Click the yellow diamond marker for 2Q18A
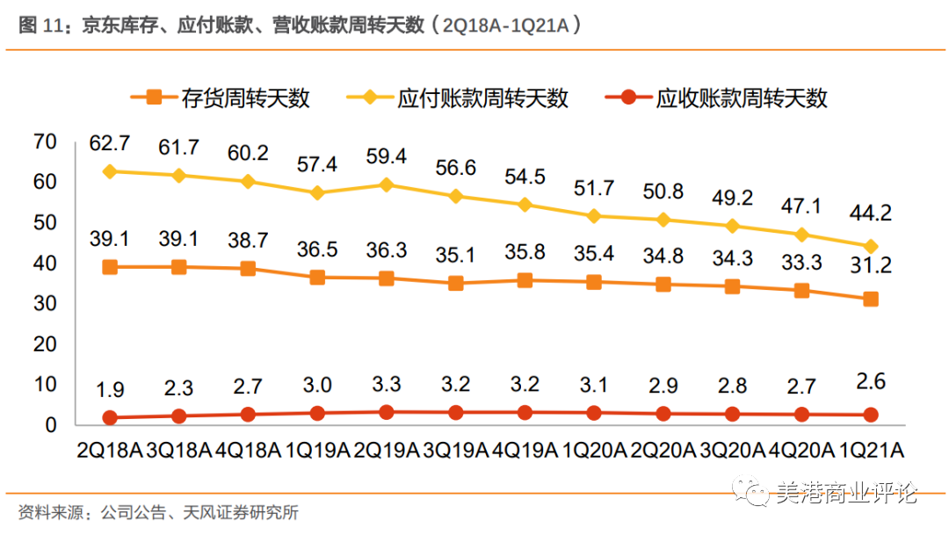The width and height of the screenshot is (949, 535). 110,171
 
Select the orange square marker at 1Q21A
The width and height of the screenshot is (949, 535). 871,300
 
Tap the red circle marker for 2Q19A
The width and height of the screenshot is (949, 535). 387,411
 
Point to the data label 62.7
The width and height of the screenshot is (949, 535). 110,142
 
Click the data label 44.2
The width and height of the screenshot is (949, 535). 870,213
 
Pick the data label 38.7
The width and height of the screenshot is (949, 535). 248,238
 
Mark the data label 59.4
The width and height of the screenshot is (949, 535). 387,156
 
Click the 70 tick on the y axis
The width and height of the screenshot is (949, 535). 45,141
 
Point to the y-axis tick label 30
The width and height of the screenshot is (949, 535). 45,304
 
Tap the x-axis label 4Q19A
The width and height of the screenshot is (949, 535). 525,450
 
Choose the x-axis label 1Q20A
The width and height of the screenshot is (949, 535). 594,450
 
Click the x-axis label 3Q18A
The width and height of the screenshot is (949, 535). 179,450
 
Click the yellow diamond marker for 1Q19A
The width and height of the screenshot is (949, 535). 317,192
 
